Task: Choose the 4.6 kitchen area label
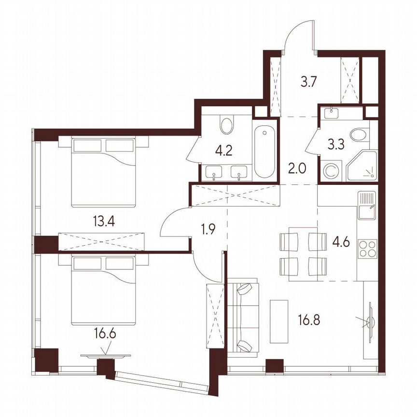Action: pyautogui.click(x=342, y=241)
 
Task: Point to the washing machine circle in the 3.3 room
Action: pyautogui.click(x=331, y=170)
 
